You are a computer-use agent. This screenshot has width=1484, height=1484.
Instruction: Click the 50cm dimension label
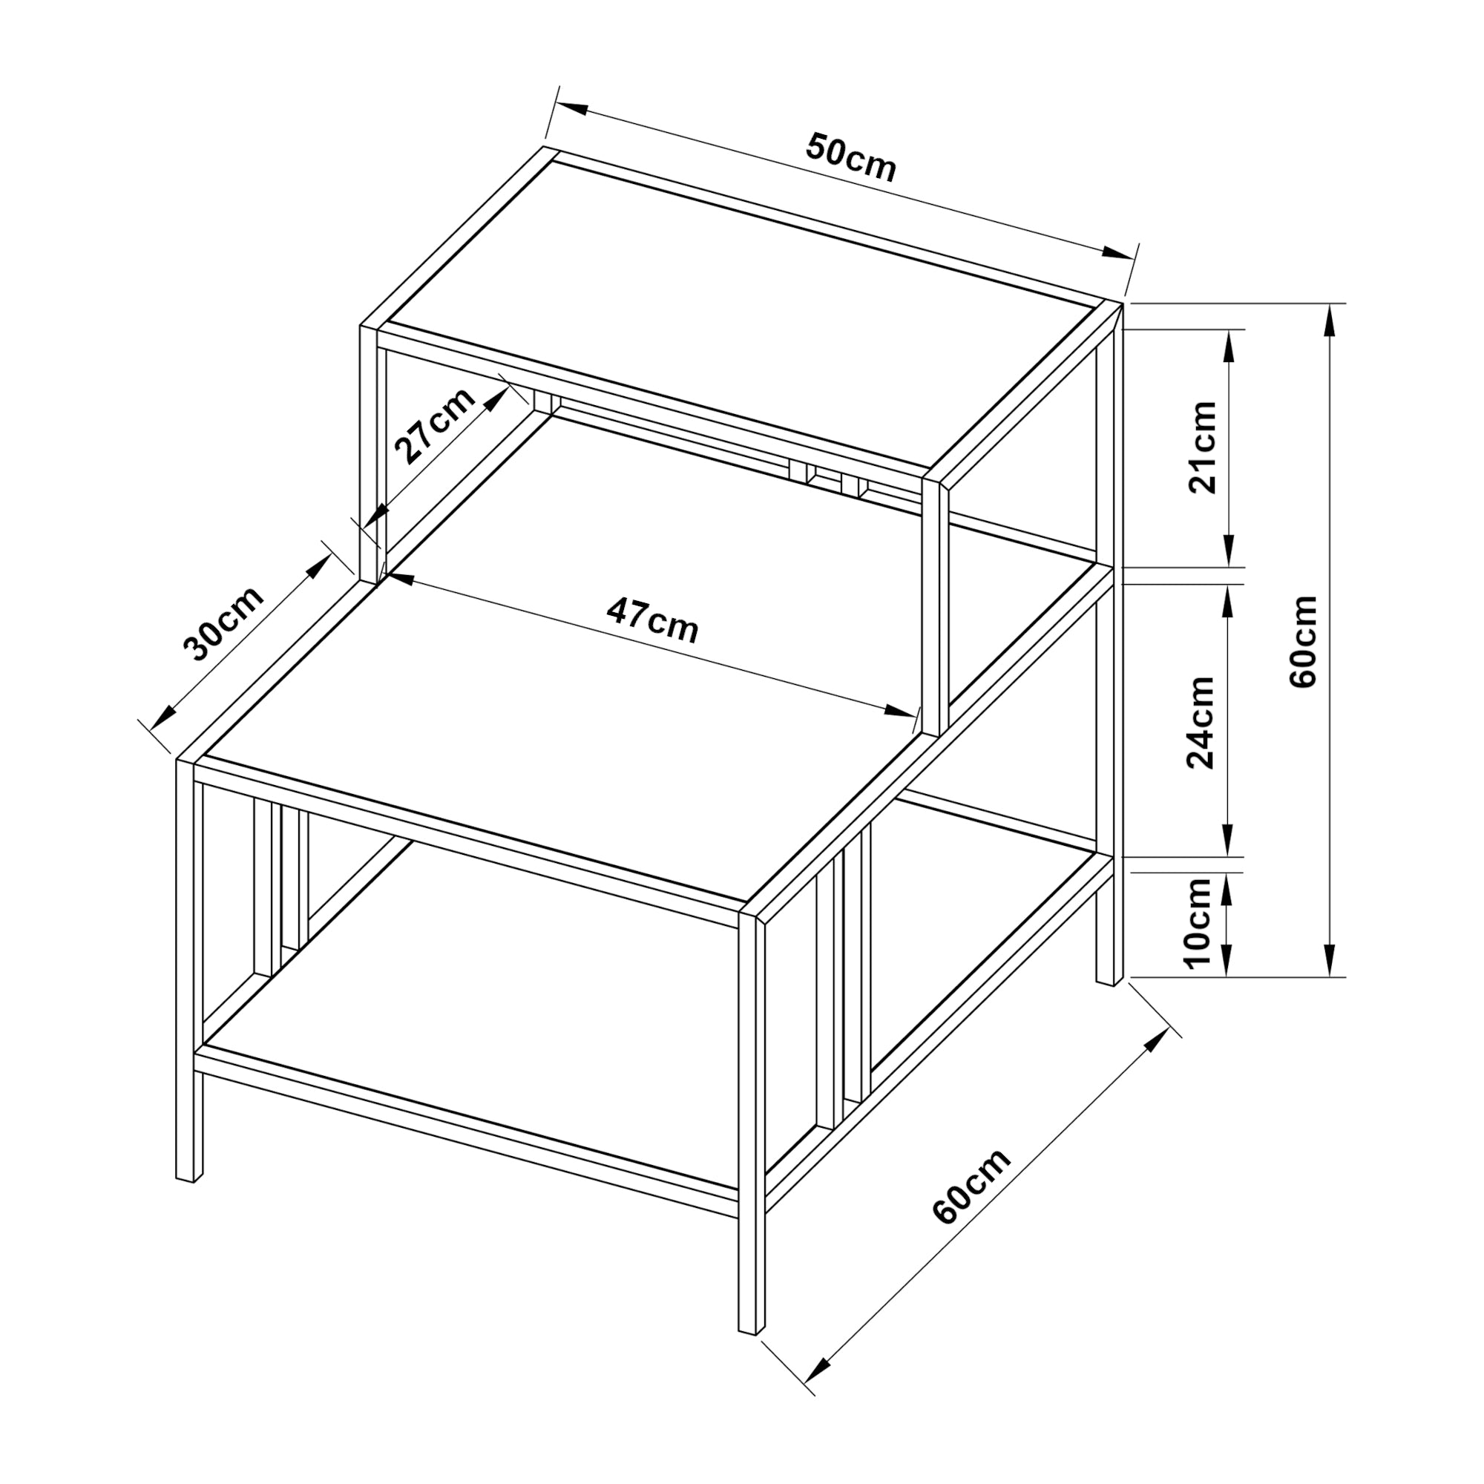(850, 157)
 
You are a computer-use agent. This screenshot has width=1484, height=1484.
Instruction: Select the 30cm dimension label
(223, 624)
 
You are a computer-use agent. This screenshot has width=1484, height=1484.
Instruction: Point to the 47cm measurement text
(653, 620)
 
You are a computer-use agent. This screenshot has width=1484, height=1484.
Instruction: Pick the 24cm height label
(1201, 722)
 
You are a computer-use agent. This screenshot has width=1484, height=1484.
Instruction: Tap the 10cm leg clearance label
(1198, 922)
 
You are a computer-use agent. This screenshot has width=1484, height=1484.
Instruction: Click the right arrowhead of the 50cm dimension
(1118, 254)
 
